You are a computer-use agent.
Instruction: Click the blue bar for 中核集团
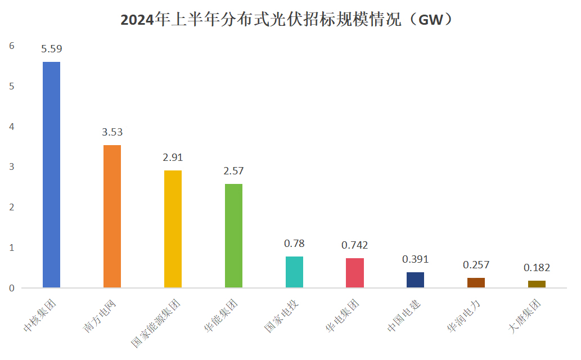point(52,174)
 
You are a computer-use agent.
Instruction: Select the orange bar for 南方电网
point(112,217)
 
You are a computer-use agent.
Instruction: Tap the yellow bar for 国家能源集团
point(173,229)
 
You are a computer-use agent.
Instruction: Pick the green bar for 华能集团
point(233,236)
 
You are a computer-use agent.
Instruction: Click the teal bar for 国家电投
point(294,272)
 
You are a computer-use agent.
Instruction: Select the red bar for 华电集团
point(355,273)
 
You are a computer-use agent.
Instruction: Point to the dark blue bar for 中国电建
point(415,280)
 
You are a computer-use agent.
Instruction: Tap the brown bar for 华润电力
point(476,282)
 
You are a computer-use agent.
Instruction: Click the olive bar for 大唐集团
point(537,284)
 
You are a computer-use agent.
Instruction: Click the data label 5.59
point(52,49)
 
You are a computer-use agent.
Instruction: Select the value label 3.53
point(112,133)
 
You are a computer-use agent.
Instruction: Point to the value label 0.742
point(355,245)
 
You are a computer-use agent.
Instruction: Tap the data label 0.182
point(537,268)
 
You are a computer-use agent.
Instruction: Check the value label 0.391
point(415,259)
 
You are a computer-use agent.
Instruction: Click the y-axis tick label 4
point(11,127)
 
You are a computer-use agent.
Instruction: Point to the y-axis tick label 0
point(11,288)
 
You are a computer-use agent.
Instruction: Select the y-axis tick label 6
point(11,46)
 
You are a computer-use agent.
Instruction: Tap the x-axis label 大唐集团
point(525,318)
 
